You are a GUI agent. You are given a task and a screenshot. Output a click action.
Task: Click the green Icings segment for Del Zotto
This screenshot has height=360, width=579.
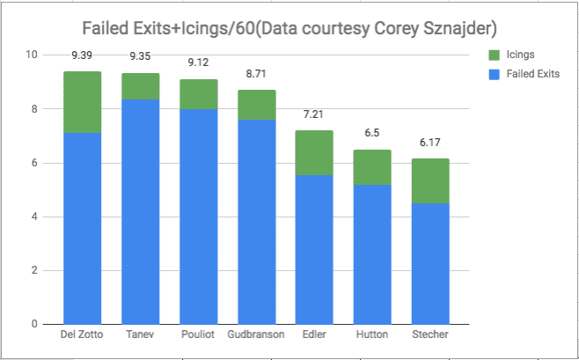tap(82, 102)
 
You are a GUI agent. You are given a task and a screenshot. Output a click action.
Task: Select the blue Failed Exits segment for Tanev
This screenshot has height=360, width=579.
tap(140, 211)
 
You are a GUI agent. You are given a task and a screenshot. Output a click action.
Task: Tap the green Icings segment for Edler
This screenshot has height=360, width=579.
tap(314, 152)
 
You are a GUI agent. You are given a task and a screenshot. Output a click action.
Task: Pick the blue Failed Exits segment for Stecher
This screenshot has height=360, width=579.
tap(430, 263)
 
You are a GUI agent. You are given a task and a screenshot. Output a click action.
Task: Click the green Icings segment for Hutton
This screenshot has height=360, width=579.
tap(372, 166)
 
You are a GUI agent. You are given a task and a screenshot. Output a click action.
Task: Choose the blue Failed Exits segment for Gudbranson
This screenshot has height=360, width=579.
tap(256, 221)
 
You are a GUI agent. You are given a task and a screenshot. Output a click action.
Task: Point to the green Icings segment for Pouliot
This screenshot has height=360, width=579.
tap(198, 94)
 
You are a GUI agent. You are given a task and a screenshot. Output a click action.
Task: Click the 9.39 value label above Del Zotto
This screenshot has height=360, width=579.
tap(82, 60)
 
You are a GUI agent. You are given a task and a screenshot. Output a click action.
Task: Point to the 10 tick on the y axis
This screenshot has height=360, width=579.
tap(32, 55)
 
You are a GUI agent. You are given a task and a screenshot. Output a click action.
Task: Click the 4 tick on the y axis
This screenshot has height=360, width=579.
tap(34, 217)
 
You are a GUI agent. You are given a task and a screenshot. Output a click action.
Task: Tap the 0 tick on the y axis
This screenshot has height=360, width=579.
tap(34, 324)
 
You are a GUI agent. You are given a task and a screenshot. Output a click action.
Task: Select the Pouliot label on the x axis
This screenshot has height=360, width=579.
tap(198, 335)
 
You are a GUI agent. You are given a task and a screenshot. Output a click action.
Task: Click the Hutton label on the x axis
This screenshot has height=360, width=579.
tap(372, 335)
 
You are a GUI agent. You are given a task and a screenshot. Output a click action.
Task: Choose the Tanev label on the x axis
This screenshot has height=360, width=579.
tap(140, 335)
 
